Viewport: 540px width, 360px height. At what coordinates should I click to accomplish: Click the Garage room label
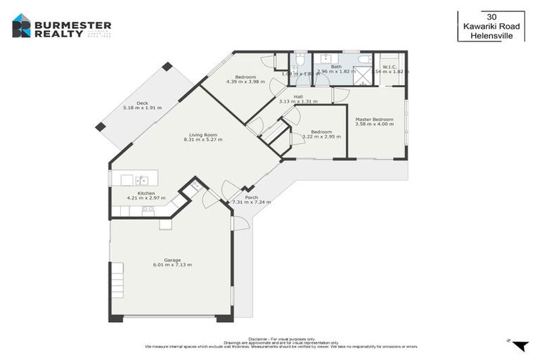pyautogui.click(x=172, y=259)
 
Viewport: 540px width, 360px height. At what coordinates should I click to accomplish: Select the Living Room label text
pyautogui.click(x=202, y=134)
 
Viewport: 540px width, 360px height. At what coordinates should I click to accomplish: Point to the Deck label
pyautogui.click(x=142, y=103)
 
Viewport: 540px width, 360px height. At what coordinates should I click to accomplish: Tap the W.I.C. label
pyautogui.click(x=390, y=67)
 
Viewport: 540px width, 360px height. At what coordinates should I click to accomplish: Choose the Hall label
pyautogui.click(x=298, y=96)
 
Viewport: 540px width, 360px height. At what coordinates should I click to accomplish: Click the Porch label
pyautogui.click(x=252, y=198)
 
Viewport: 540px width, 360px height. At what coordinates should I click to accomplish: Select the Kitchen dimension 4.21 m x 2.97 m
pyautogui.click(x=146, y=198)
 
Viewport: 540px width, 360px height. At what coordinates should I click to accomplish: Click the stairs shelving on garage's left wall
pyautogui.click(x=117, y=279)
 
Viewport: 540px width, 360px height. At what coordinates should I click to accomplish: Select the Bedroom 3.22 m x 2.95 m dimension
pyautogui.click(x=321, y=136)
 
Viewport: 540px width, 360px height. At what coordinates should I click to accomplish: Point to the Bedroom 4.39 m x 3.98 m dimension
pyautogui.click(x=245, y=82)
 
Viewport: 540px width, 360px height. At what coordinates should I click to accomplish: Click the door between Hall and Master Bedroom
pyautogui.click(x=341, y=96)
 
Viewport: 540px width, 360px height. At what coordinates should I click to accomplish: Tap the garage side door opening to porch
pyautogui.click(x=240, y=224)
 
